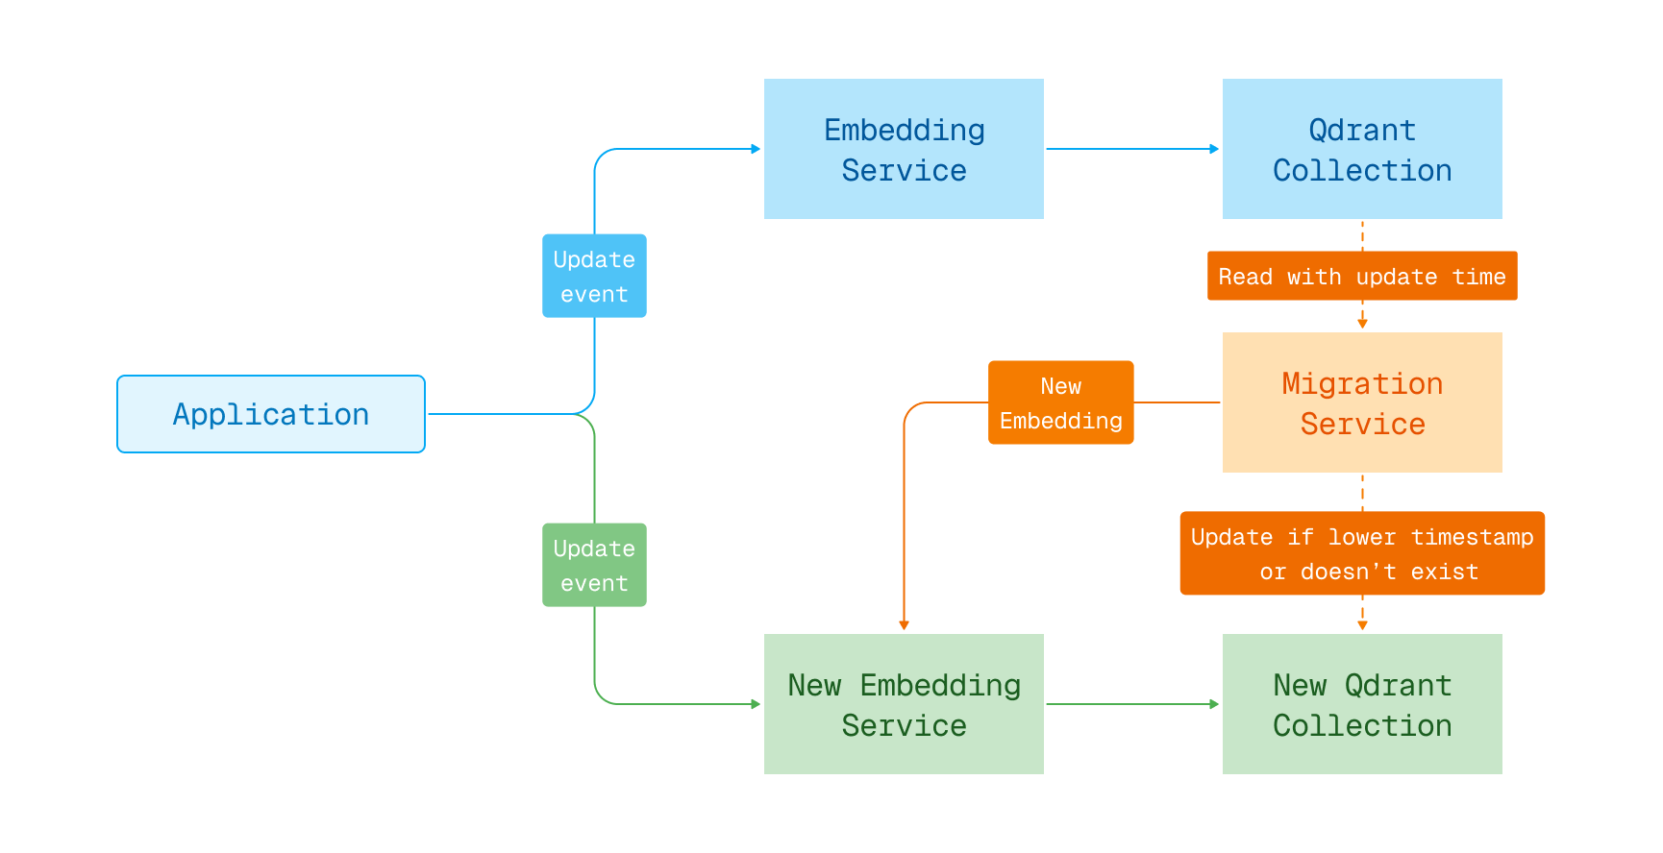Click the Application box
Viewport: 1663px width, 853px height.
(271, 414)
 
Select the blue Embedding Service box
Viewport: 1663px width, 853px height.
(904, 149)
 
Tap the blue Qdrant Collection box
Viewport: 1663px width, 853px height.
(1362, 149)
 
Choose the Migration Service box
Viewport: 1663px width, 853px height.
(1362, 402)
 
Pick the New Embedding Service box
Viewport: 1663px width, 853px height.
(904, 704)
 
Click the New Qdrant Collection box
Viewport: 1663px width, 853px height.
(1362, 704)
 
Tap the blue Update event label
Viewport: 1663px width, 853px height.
(594, 276)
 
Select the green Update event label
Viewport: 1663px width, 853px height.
(594, 565)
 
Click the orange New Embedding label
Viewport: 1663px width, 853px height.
(1060, 402)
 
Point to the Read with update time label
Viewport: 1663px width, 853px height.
(1362, 277)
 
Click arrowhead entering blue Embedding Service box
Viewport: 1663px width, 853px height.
(756, 149)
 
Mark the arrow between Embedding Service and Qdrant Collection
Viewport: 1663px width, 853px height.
(1132, 149)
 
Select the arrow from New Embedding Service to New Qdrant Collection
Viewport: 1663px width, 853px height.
(1132, 704)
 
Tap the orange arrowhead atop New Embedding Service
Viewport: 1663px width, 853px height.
(904, 625)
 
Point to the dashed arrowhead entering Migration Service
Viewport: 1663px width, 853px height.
(1362, 324)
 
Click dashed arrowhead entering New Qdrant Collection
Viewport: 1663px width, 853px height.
(1362, 625)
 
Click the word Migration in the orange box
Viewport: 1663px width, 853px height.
(1362, 383)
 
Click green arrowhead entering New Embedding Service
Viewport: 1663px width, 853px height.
(756, 704)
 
